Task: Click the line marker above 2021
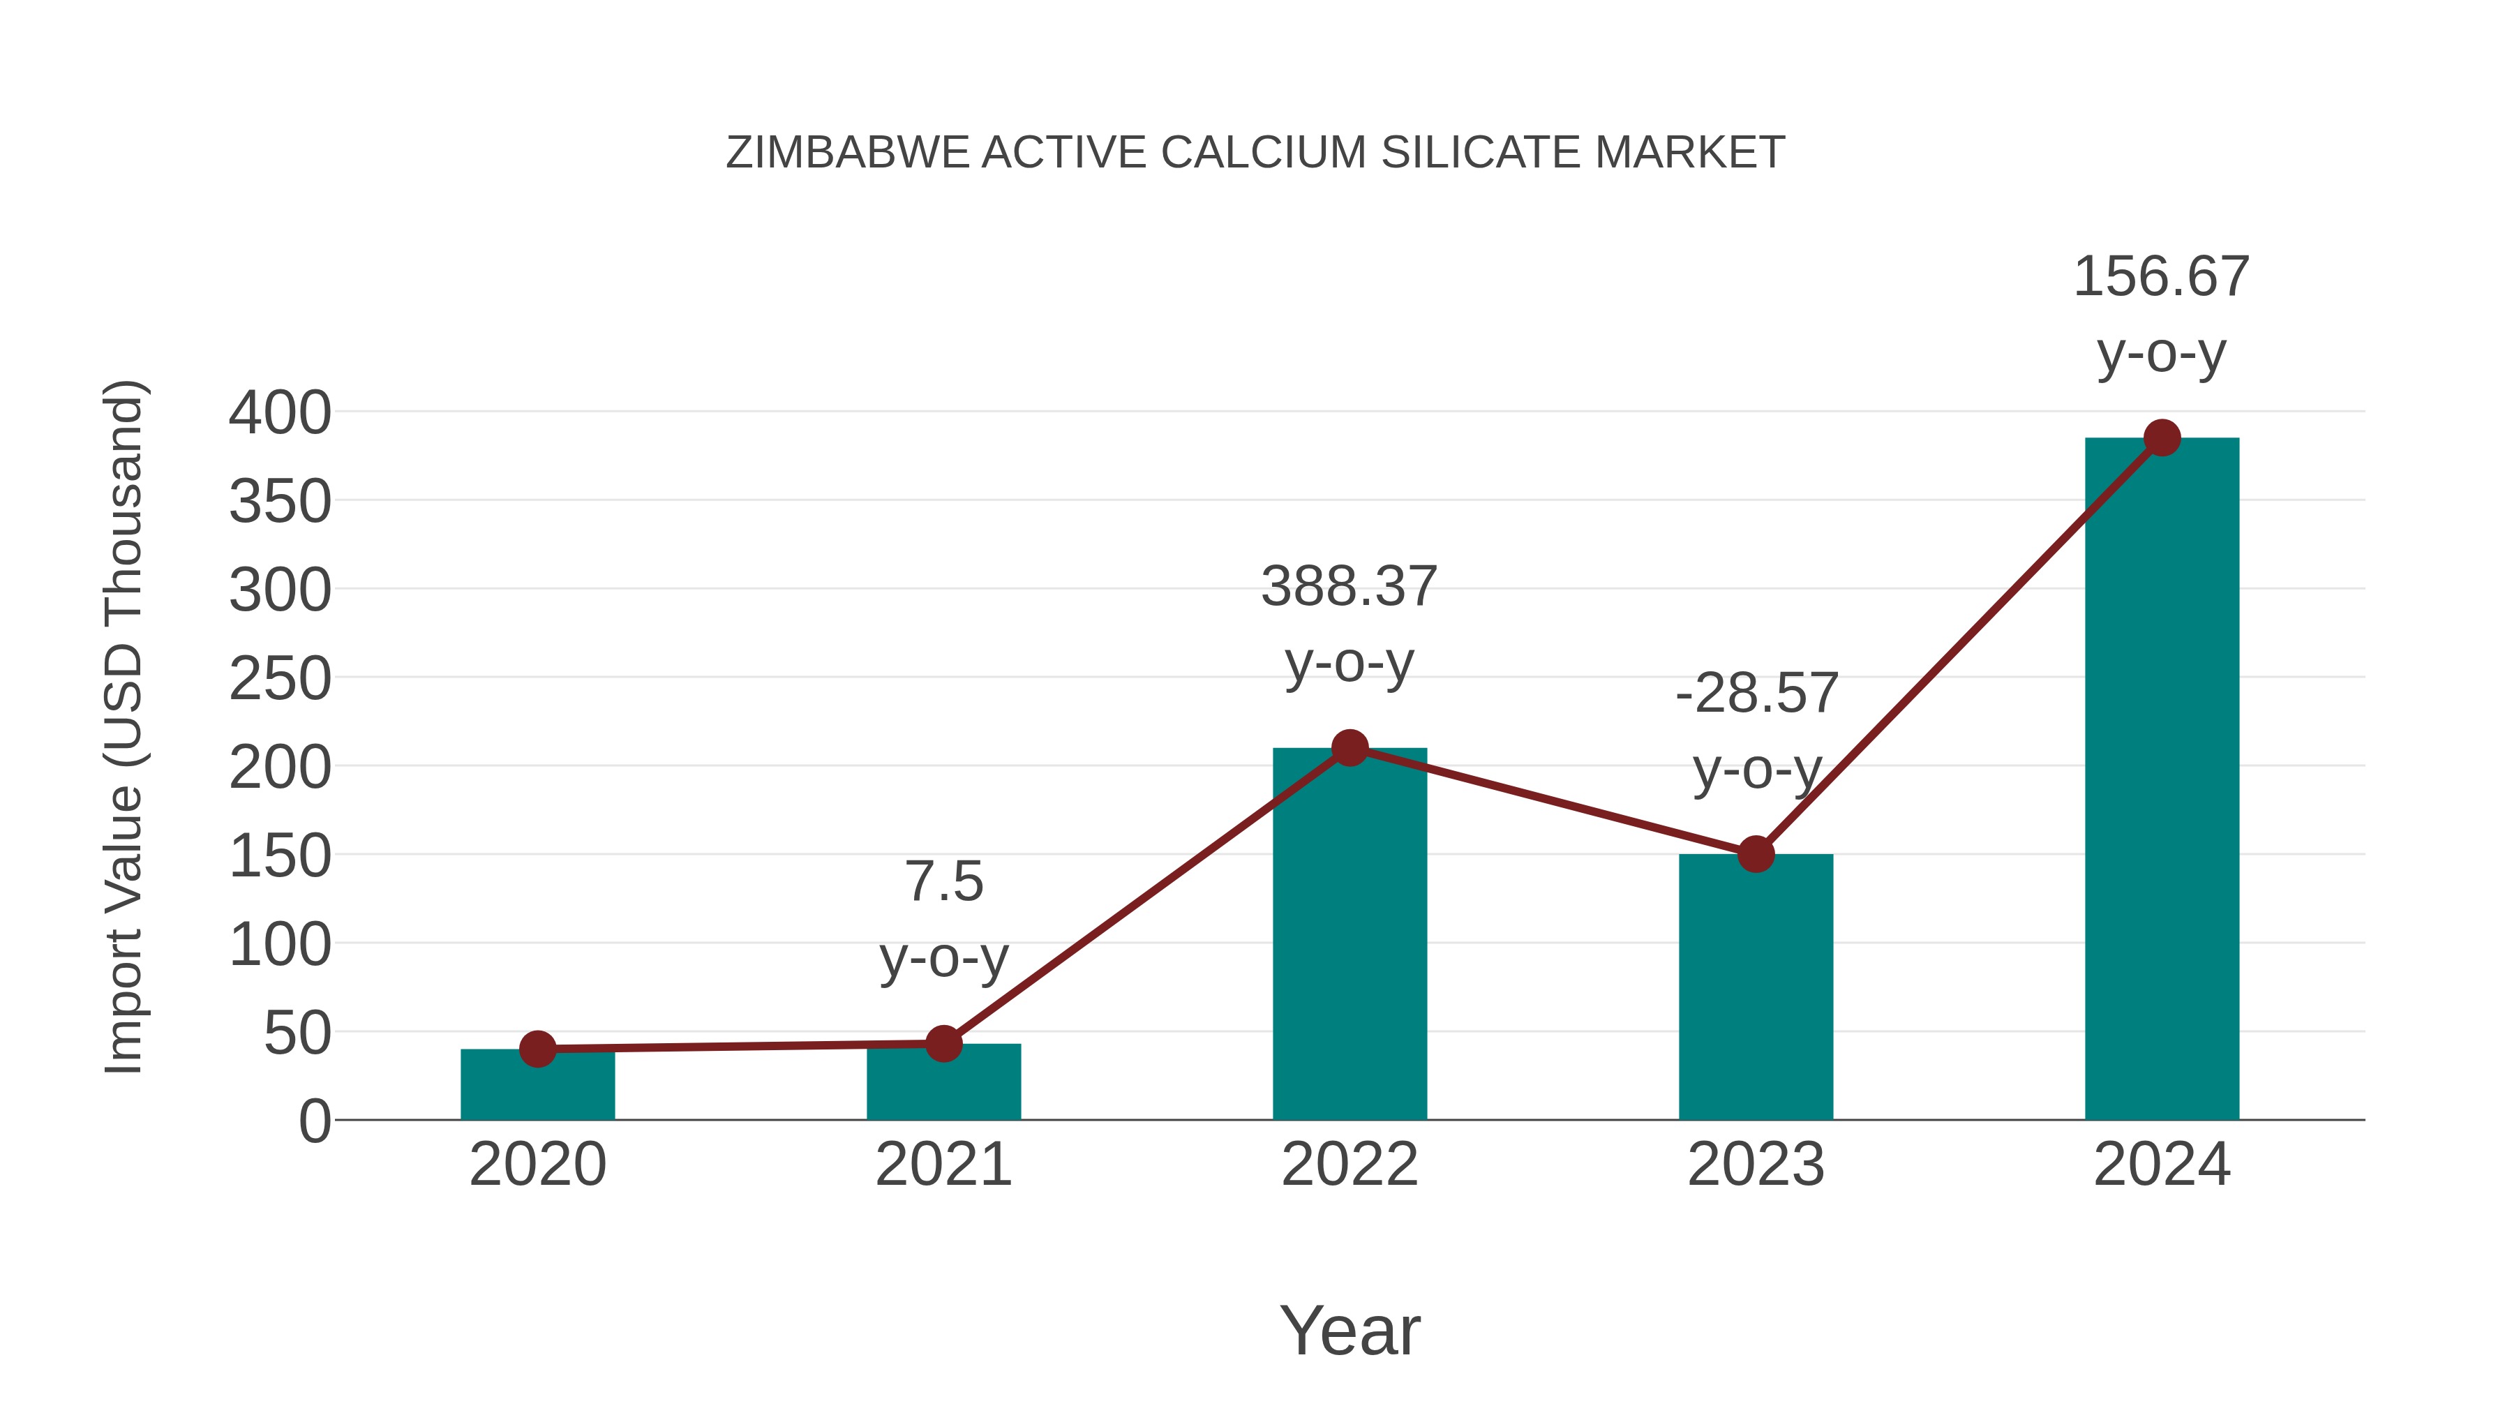[x=943, y=1043]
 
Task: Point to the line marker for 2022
[x=1350, y=748]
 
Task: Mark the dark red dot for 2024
[x=2162, y=438]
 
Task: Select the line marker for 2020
[x=537, y=1049]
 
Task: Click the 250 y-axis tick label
[x=280, y=679]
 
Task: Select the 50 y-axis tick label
[x=297, y=1033]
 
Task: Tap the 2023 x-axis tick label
[x=1756, y=1165]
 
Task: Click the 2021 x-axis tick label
[x=943, y=1165]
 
